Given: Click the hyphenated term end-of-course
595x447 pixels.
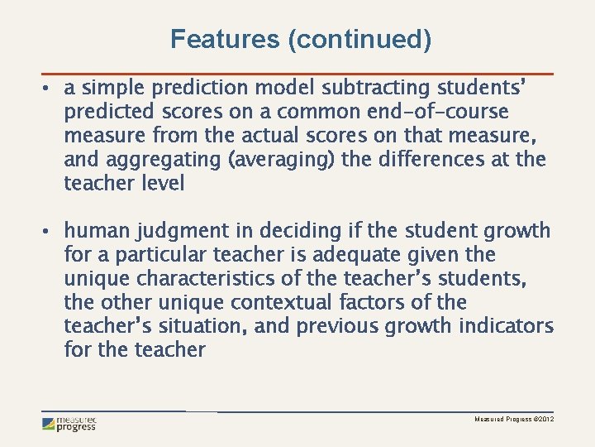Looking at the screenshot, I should (439, 111).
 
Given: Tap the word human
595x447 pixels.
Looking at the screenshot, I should (98, 230).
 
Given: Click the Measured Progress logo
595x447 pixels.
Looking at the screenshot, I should (69, 424).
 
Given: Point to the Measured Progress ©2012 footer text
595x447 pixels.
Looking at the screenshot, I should (514, 421).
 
